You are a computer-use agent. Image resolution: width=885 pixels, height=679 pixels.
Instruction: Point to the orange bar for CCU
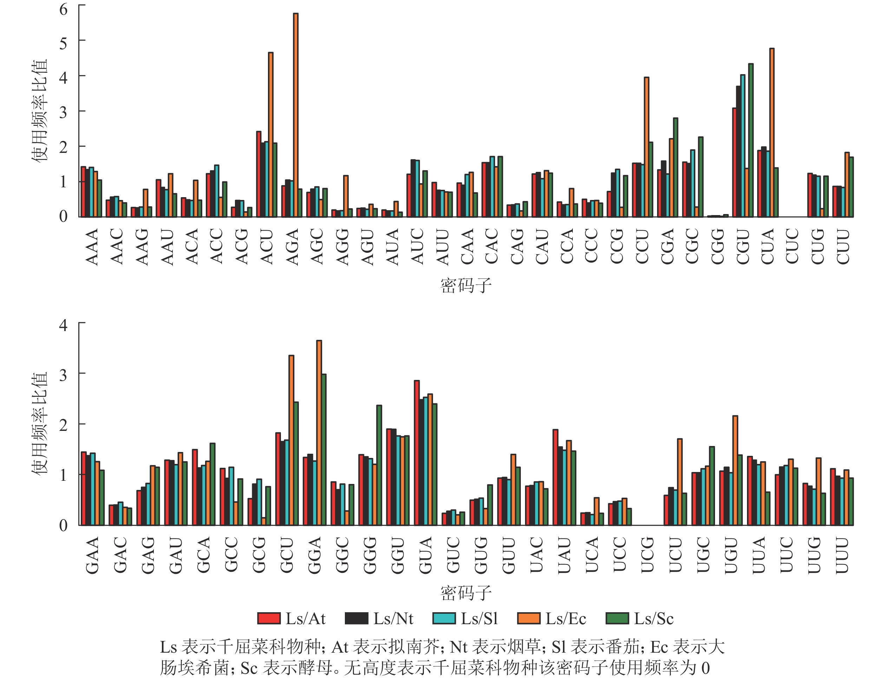point(647,147)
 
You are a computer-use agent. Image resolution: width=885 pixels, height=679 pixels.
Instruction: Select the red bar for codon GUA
point(417,453)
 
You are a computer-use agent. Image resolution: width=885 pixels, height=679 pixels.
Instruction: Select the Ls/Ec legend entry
point(552,619)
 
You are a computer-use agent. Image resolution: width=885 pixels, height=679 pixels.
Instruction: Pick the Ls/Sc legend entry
point(640,619)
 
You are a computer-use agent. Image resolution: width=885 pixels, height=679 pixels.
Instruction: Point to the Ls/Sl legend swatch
point(444,619)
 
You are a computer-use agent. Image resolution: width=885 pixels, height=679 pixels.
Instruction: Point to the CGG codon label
point(717,247)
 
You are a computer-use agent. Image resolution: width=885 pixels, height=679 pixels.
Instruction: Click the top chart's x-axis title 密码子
point(466,286)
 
